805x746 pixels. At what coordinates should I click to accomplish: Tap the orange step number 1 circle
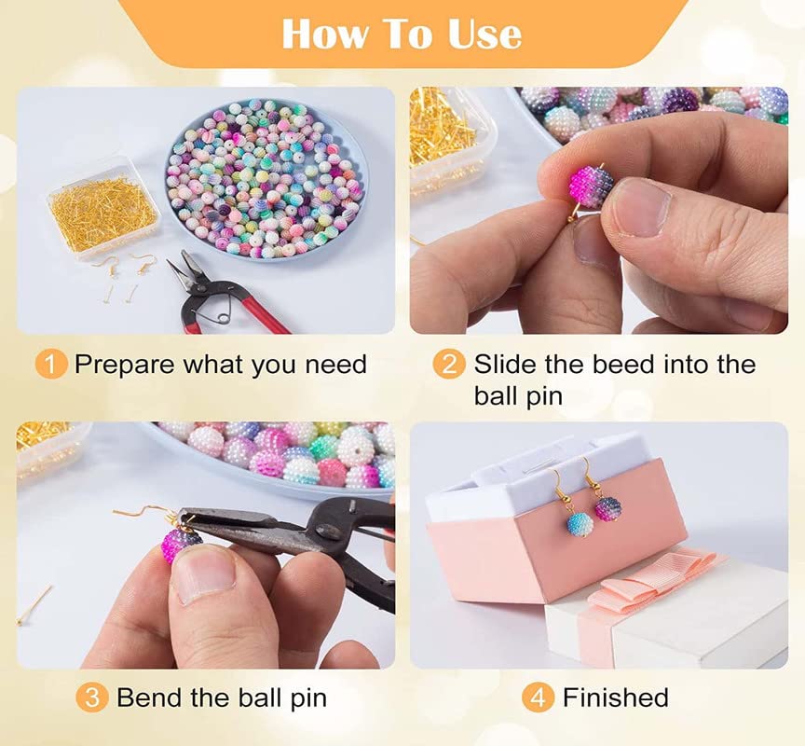coord(51,365)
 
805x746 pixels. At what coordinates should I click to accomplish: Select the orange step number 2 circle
coord(449,365)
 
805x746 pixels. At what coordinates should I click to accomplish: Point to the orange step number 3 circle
coord(91,698)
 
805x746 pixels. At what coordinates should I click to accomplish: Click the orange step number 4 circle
coord(538,698)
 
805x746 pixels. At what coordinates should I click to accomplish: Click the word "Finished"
coord(616,698)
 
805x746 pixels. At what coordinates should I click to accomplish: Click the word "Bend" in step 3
coord(149,698)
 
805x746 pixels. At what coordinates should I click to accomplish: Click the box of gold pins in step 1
coord(102,208)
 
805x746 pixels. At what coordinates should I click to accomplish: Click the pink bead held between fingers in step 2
coord(592,185)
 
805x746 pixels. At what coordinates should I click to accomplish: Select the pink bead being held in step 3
coord(180,544)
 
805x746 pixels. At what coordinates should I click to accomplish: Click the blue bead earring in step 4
coord(580,523)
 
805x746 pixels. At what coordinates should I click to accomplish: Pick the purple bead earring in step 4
coord(609,507)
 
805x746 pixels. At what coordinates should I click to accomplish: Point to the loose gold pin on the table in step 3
coord(34,605)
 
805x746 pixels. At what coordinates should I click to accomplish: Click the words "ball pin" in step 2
coord(518,396)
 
